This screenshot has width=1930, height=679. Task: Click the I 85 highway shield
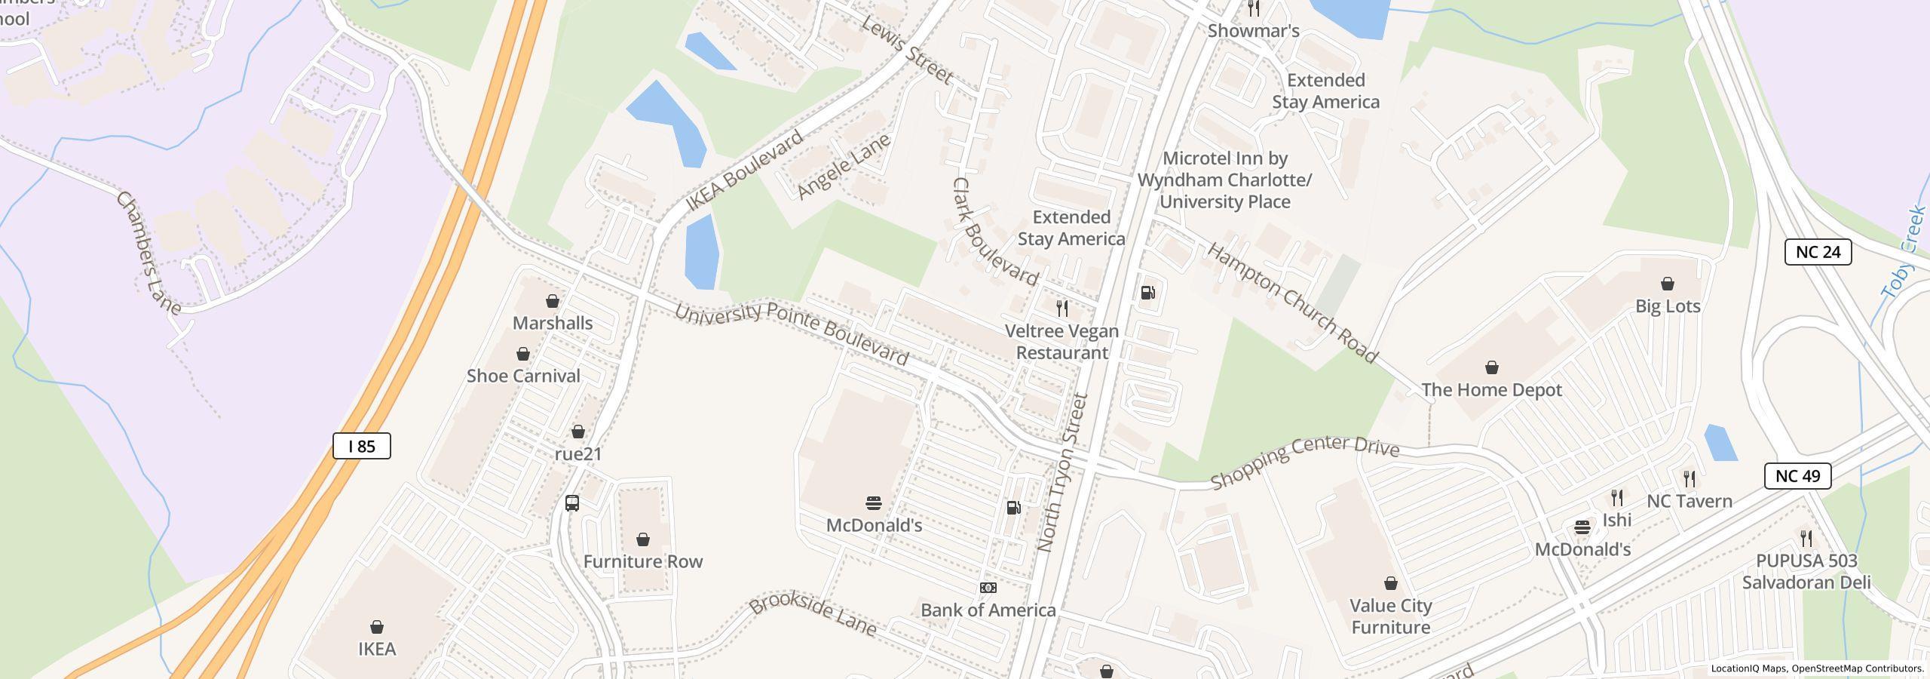362,446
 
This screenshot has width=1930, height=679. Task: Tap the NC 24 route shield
1818,252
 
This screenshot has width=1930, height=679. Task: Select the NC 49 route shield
1797,476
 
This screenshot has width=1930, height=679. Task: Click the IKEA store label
376,649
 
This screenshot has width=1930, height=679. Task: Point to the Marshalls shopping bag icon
553,301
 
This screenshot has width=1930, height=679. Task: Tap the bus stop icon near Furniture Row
572,503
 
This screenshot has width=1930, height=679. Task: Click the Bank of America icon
988,588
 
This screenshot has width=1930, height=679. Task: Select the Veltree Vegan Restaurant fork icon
1062,308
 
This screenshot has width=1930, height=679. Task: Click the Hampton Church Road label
1292,303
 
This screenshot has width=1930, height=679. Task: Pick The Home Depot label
1491,390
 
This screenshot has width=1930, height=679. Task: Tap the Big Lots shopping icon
1668,284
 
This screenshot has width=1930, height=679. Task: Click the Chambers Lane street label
148,253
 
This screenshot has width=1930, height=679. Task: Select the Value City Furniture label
1390,616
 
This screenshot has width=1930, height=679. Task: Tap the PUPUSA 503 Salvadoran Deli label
1806,571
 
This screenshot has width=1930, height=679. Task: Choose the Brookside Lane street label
813,616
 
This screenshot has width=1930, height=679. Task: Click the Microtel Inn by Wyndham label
1224,180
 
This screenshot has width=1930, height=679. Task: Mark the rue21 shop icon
578,432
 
